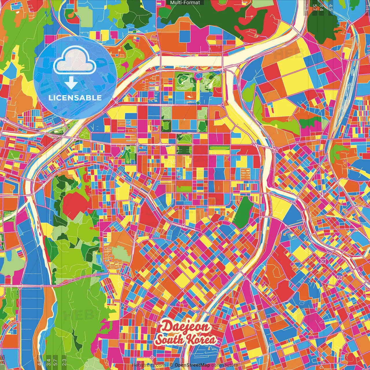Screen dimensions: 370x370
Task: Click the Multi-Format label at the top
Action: (x=185, y=3)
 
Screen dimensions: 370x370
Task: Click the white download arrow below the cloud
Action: (x=71, y=83)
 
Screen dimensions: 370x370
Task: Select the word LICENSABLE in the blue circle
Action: (x=75, y=98)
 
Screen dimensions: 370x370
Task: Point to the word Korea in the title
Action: (x=201, y=340)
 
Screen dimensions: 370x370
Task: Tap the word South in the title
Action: (x=169, y=340)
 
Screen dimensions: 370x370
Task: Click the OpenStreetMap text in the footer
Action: (x=192, y=365)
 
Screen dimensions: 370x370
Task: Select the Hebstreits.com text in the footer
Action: (x=149, y=365)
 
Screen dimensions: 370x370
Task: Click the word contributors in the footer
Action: (x=225, y=365)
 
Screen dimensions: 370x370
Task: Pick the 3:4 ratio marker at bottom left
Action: (x=49, y=362)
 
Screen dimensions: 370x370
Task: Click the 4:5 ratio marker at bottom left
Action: (x=39, y=362)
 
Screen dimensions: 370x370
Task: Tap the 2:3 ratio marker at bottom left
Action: (x=64, y=362)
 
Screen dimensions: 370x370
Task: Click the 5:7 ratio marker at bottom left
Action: (x=55, y=362)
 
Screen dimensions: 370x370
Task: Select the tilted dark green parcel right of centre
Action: (x=244, y=212)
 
